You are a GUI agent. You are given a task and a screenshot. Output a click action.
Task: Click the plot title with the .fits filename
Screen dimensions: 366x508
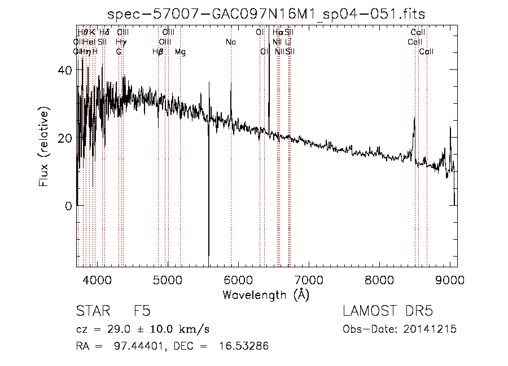[266, 14]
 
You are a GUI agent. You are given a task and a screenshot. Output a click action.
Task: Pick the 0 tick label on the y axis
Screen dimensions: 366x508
[68, 206]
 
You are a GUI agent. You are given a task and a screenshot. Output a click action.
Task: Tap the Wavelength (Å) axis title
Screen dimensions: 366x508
[266, 294]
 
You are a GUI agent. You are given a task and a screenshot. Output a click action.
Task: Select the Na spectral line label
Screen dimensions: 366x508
[230, 42]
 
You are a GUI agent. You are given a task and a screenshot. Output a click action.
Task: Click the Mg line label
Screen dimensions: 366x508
[180, 52]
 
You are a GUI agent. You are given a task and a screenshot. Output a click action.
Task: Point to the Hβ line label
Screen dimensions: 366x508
[158, 52]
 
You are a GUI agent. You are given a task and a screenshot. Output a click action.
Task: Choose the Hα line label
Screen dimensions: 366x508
[278, 33]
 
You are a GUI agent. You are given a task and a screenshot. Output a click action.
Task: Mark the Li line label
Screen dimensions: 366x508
[288, 42]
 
